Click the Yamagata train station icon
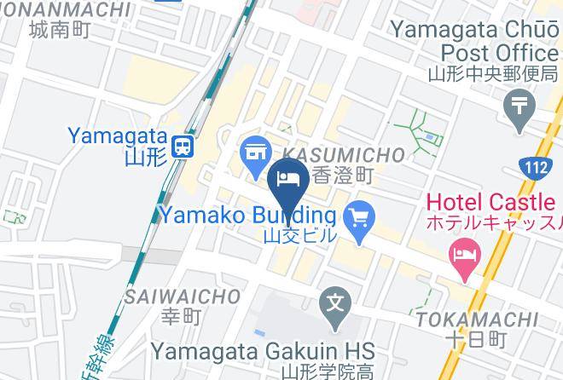point(182,147)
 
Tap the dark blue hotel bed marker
point(287,178)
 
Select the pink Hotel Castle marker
point(464,254)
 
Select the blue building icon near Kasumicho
point(253,153)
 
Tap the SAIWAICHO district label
point(182,297)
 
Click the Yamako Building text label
point(247,214)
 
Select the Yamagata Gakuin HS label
point(264,350)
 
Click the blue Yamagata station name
point(114,135)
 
